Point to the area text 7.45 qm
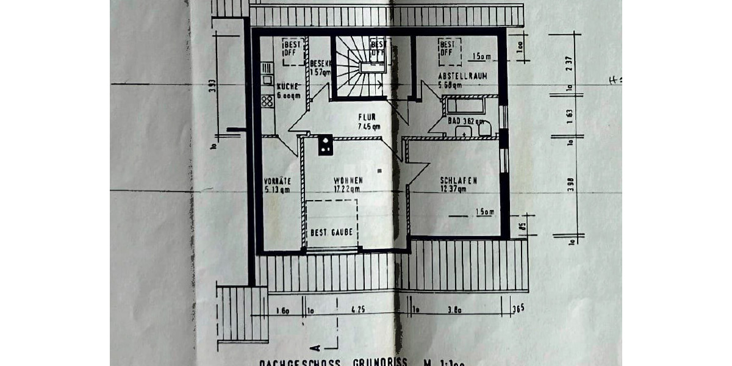point(369,127)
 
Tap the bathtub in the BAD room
point(465,106)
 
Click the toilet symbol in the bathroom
point(485,128)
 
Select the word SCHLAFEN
point(458,180)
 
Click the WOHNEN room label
point(348,181)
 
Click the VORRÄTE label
point(278,181)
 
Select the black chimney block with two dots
point(325,144)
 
